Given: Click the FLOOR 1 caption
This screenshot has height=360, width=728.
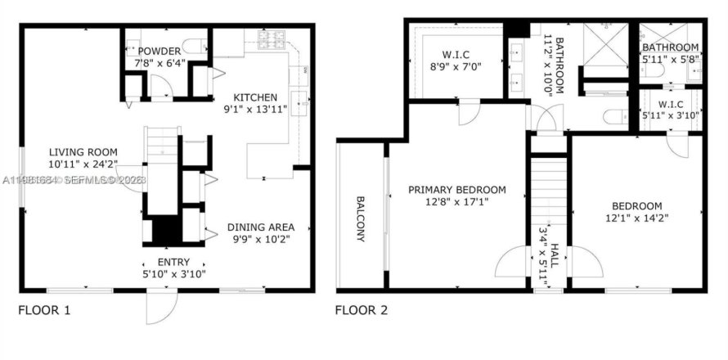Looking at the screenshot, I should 44,310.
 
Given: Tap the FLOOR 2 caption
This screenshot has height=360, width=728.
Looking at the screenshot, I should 361,310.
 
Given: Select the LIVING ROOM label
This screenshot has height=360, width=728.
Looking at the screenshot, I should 83,151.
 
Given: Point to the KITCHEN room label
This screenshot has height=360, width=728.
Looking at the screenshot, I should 256,97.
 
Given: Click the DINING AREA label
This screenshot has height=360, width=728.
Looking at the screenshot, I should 260,227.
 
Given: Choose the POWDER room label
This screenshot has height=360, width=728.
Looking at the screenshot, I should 164,51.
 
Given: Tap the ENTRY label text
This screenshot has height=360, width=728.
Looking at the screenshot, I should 173,262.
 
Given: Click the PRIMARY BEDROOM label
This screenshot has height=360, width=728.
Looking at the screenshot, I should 457,190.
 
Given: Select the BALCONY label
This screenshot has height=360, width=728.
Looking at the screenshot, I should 361,218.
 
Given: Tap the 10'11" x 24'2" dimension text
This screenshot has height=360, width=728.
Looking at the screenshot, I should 83,164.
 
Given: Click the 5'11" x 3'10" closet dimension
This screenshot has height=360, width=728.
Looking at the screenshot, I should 670,115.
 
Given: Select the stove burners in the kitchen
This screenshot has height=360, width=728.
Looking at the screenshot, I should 270,37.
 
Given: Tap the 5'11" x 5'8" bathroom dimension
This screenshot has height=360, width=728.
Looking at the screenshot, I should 670,59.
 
